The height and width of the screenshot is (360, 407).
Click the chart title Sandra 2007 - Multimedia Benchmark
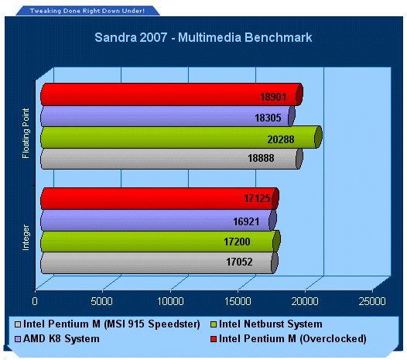click(x=203, y=37)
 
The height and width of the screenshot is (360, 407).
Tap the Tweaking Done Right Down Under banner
click(x=87, y=11)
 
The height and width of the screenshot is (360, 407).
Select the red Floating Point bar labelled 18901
click(x=172, y=94)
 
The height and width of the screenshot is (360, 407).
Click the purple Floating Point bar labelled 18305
click(x=167, y=116)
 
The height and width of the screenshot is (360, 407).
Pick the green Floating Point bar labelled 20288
click(x=181, y=137)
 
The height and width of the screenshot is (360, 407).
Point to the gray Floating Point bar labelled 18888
click(x=172, y=159)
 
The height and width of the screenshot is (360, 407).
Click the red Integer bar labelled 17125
click(x=159, y=198)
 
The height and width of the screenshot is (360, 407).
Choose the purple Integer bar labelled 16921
click(x=159, y=221)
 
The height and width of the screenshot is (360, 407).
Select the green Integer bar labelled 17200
click(x=160, y=242)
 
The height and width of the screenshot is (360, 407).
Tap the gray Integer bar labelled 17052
click(x=159, y=262)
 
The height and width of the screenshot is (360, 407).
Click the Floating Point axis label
click(x=26, y=133)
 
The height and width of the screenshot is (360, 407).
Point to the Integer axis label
click(x=26, y=238)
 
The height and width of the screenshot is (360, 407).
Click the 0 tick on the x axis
click(x=35, y=301)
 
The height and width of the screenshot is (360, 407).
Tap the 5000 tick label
click(x=102, y=301)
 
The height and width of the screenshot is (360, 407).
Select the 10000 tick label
click(x=170, y=301)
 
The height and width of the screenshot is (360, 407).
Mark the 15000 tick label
click(x=238, y=301)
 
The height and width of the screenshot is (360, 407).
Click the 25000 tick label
click(x=372, y=301)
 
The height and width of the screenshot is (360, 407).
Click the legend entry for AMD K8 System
click(x=57, y=338)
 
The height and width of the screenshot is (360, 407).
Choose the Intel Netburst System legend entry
click(x=266, y=324)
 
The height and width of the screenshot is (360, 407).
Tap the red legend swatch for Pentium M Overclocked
click(x=214, y=339)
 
